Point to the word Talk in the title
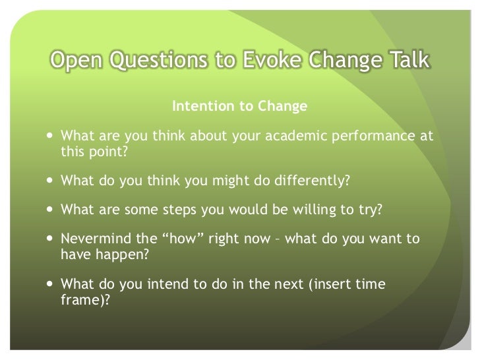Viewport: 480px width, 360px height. click(407, 61)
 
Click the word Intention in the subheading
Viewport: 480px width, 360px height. click(199, 106)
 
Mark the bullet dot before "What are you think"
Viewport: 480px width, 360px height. click(51, 136)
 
